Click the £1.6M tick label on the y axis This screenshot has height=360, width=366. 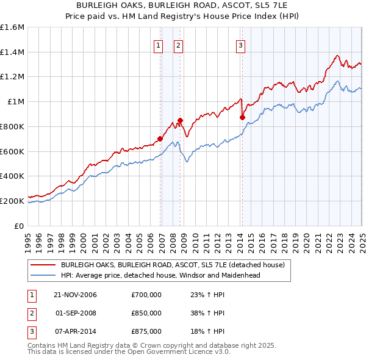click(x=12, y=27)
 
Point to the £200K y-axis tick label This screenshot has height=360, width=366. click(x=12, y=201)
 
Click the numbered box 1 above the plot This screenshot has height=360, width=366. click(x=159, y=45)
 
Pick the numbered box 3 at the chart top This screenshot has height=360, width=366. click(x=241, y=45)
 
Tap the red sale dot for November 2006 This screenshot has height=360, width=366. click(x=160, y=139)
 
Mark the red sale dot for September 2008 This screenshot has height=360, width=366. click(x=180, y=120)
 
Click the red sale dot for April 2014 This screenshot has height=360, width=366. click(x=242, y=117)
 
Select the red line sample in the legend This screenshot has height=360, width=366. click(x=43, y=265)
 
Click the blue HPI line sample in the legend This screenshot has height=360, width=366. click(x=43, y=275)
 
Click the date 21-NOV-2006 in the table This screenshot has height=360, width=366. click(x=76, y=295)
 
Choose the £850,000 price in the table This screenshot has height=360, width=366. click(x=146, y=313)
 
